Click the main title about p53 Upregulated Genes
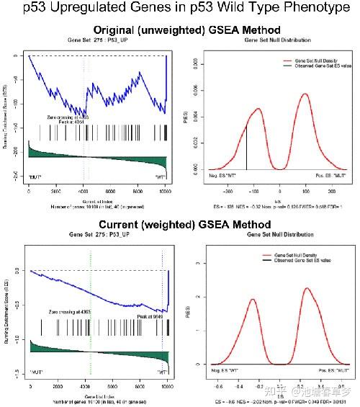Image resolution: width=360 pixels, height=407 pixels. pos(180,9)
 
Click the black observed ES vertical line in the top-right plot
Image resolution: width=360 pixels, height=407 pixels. pos(246,148)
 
